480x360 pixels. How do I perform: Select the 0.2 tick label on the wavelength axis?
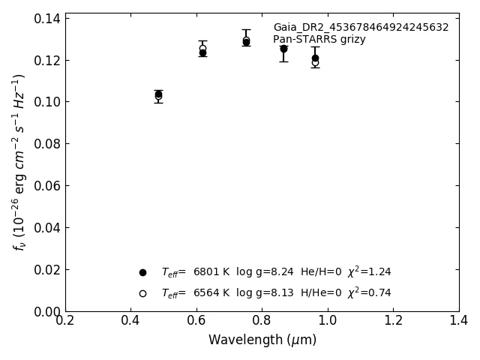pos(65,321)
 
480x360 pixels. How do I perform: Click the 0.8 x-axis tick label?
pos(262,321)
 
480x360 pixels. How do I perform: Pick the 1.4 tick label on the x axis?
pos(458,321)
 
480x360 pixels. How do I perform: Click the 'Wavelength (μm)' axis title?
pos(262,340)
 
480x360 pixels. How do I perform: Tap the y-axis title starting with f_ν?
pos(19,161)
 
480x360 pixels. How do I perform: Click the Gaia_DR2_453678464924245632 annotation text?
pos(361,28)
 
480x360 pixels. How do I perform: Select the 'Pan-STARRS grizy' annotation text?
pos(319,40)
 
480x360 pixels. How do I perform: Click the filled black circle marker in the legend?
pos(142,272)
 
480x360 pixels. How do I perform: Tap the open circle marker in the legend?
pos(142,293)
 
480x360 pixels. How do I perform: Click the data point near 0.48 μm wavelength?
pos(158,95)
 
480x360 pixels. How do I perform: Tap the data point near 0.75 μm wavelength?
pos(246,41)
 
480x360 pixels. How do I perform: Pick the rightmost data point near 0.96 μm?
pos(315,58)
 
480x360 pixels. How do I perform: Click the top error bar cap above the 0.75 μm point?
pos(246,29)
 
